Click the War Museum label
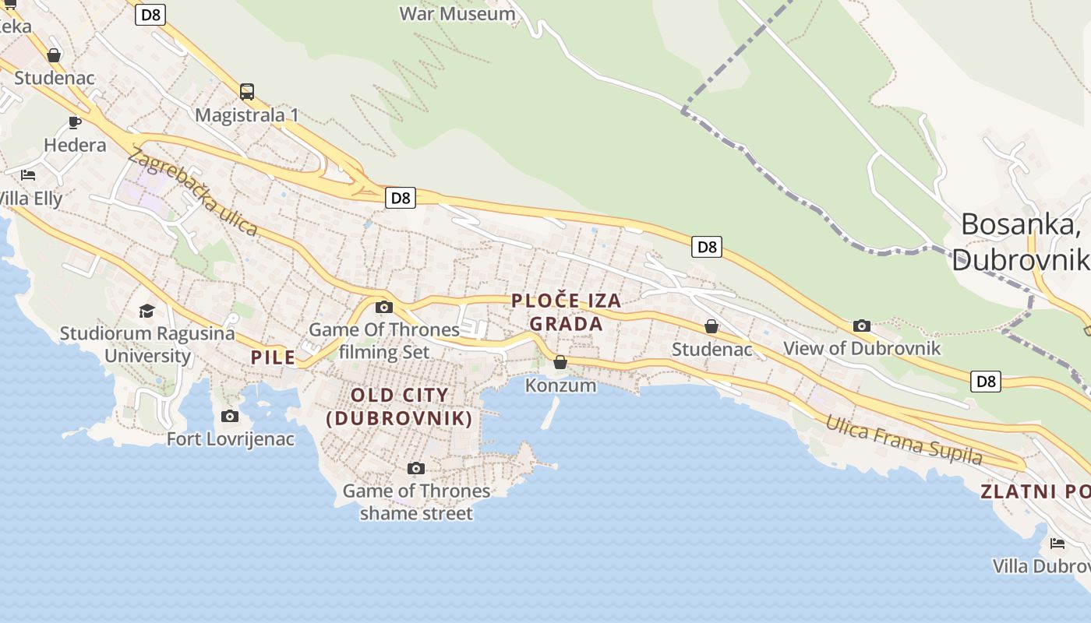tap(457, 14)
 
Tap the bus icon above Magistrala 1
tap(247, 92)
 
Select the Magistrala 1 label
tap(247, 115)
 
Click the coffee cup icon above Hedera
tap(75, 122)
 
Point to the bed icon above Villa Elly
tap(29, 174)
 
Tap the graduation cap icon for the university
tap(147, 311)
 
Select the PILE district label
tap(273, 357)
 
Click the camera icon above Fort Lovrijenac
tap(230, 417)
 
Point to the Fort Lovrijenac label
tap(231, 439)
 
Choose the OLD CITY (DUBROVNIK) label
tap(399, 407)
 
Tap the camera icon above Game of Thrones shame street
tap(416, 468)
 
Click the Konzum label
tap(560, 385)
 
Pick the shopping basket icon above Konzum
tap(560, 362)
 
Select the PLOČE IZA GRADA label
tap(567, 312)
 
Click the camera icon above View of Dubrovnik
tap(861, 326)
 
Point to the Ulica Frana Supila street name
tap(903, 439)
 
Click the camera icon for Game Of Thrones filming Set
tap(384, 307)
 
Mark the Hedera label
tap(75, 146)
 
